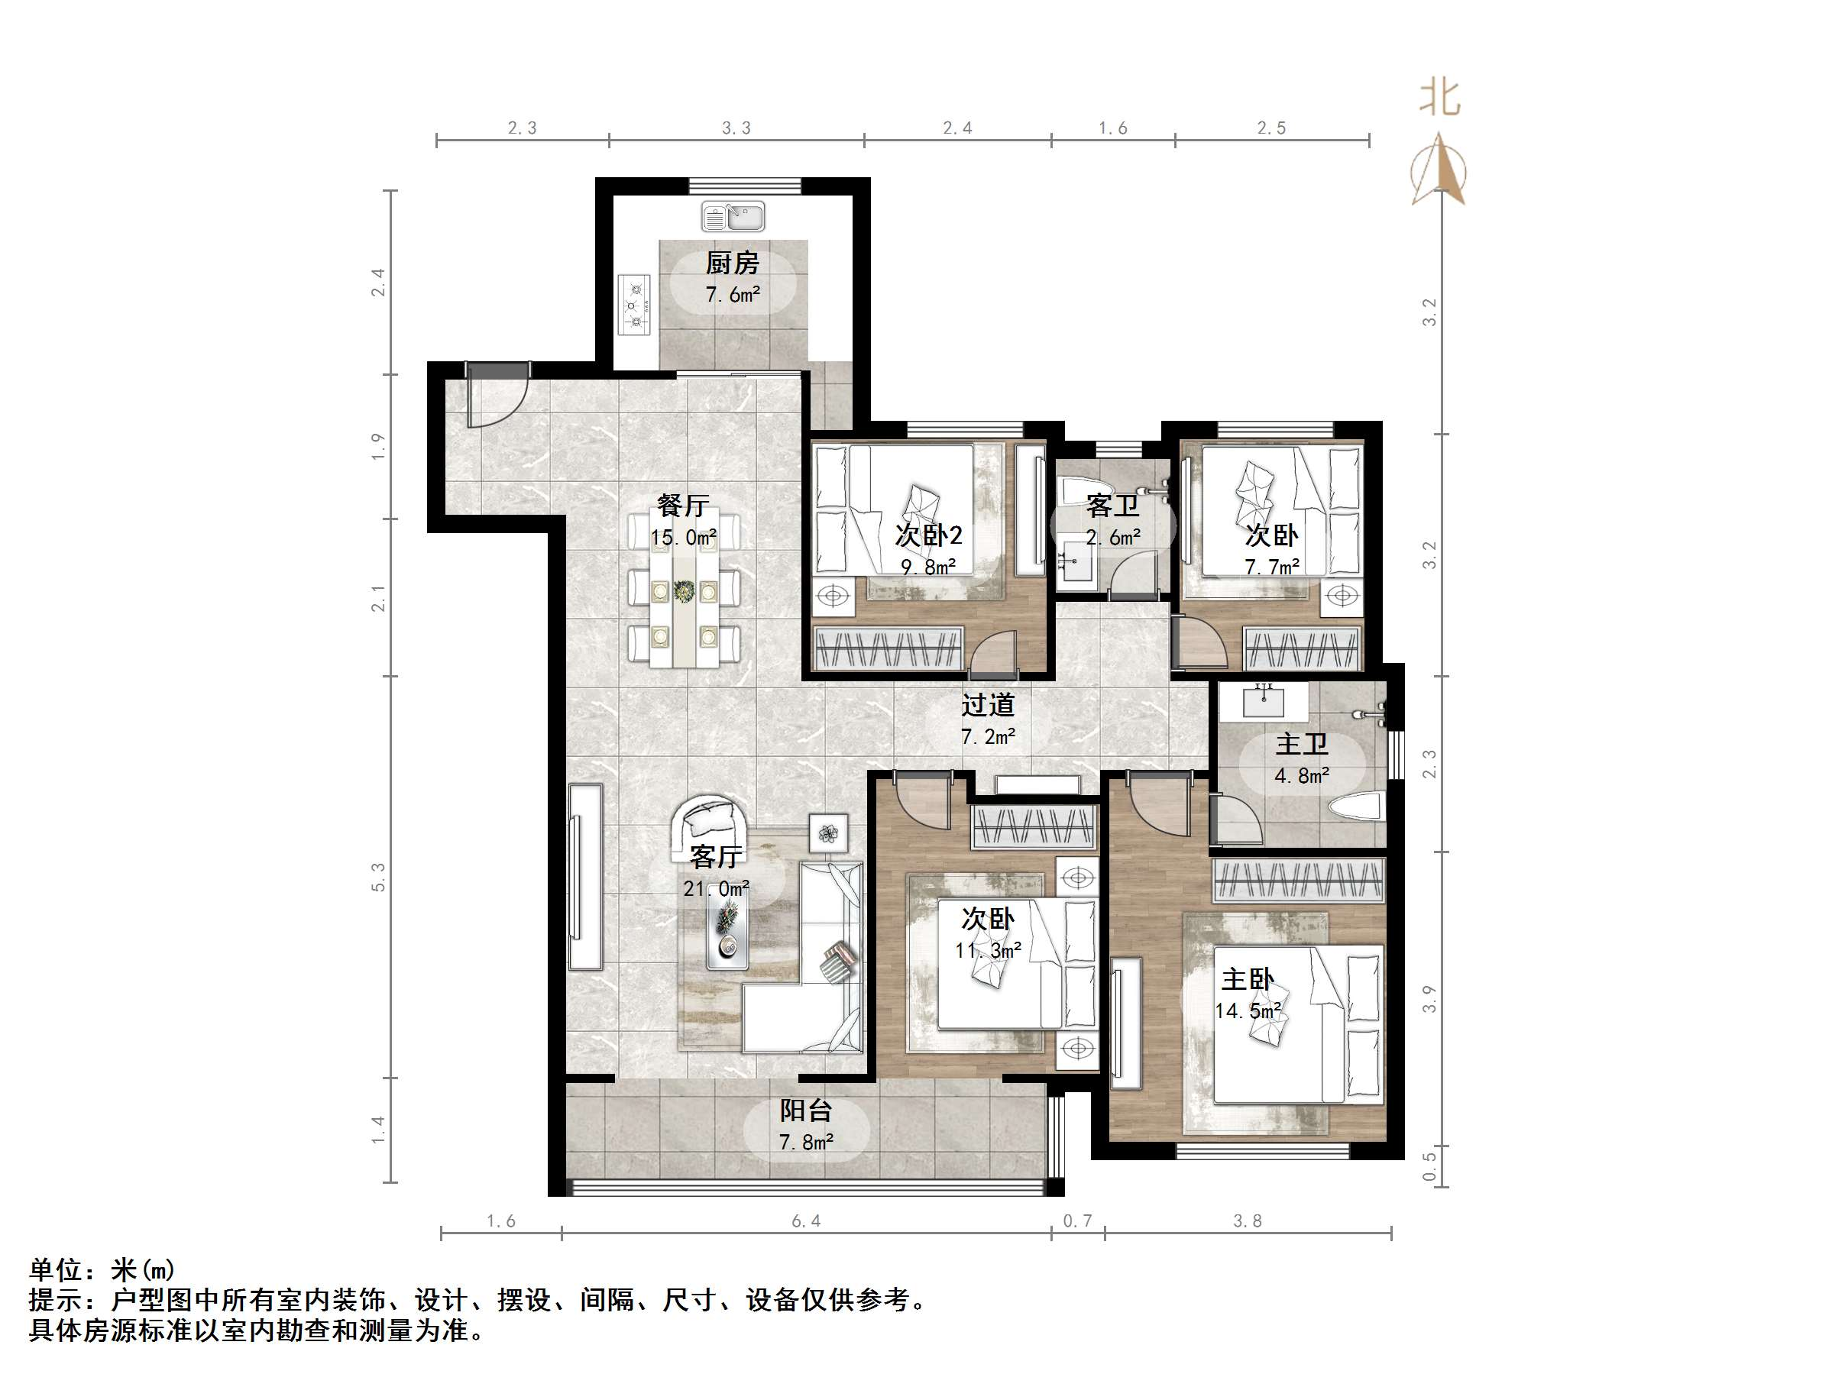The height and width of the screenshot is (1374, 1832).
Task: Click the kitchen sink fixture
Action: (x=733, y=217)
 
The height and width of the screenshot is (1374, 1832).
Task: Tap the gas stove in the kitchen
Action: (x=634, y=305)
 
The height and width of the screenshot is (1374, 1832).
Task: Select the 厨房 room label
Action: (x=732, y=263)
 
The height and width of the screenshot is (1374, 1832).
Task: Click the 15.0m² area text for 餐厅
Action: (x=683, y=538)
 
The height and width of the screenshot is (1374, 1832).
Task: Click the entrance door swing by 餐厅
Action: (x=494, y=396)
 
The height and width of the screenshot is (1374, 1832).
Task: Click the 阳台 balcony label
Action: (x=805, y=1111)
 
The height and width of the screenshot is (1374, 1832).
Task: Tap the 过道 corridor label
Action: (x=987, y=705)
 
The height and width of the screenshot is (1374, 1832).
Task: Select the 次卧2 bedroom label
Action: (x=928, y=535)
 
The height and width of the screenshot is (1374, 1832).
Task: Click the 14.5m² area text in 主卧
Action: (x=1248, y=1010)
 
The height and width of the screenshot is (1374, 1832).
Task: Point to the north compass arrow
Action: (x=1439, y=170)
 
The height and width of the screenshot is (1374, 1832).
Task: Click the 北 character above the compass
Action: (x=1439, y=99)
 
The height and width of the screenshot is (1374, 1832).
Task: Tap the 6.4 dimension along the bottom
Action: (x=806, y=1221)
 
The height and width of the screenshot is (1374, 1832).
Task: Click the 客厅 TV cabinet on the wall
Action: (x=585, y=876)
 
